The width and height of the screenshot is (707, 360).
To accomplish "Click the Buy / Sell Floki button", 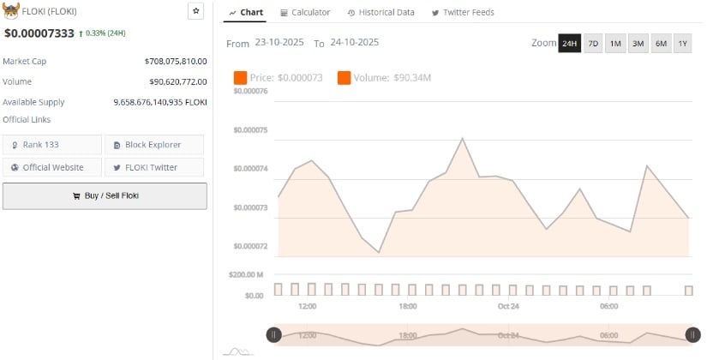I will point(105,195).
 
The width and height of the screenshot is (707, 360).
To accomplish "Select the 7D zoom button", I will point(593,43).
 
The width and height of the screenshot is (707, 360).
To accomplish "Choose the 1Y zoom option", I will point(682,43).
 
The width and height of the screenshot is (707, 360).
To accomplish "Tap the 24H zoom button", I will point(570,43).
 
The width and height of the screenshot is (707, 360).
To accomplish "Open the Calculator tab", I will point(304,13).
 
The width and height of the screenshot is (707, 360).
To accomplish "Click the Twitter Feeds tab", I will point(463,13).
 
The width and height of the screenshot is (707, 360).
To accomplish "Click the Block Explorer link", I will point(154,145).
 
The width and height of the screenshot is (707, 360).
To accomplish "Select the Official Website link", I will point(51,167).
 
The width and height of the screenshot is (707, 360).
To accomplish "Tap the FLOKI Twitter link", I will point(154,167).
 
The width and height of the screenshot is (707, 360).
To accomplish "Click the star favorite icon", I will point(196,11).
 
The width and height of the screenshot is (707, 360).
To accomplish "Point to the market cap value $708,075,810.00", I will point(176,62).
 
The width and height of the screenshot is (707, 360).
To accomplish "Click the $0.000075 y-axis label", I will point(249,130).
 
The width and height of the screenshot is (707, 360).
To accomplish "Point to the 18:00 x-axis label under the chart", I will point(407,306).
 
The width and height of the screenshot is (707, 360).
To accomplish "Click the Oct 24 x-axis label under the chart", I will point(509,306).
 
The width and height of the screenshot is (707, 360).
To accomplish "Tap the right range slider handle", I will point(692,335).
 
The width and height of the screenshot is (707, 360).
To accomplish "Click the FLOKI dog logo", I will point(12,11).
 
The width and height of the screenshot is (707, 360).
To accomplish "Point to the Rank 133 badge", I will point(51,145).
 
